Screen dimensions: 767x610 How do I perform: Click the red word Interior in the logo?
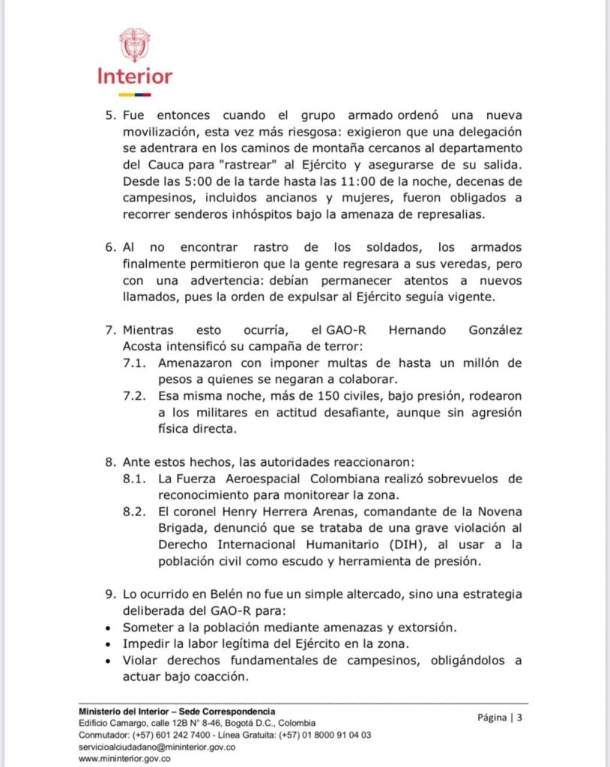(x=135, y=76)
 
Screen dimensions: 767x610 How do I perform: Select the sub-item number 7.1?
(x=136, y=362)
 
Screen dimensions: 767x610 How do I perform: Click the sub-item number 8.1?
(x=136, y=478)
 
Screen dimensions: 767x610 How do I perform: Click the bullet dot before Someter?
(x=110, y=627)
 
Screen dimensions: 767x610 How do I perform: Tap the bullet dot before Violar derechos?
(x=110, y=660)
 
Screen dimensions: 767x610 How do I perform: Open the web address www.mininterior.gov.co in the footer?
(x=125, y=758)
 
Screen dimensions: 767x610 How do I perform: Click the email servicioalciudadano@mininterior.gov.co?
(x=157, y=747)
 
